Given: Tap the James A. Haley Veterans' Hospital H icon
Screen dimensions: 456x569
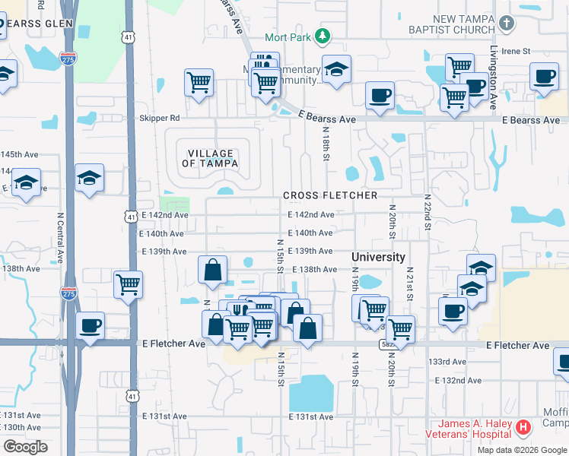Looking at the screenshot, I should coord(523,428).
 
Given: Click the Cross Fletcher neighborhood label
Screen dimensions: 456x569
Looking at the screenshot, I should coord(330,195).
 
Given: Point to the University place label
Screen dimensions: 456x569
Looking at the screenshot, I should coord(378,257).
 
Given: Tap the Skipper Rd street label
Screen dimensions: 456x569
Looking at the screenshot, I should coord(159,119).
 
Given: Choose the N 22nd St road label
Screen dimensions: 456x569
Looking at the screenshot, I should coord(428,212).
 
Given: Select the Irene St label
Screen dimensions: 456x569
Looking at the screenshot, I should coord(515,51).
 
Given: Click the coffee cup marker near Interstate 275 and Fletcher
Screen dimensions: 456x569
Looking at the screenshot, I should coord(91,325).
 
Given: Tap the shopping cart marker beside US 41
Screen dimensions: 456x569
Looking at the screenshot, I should coord(128,285).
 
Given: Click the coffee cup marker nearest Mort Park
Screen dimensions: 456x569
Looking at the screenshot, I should coord(380,95).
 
